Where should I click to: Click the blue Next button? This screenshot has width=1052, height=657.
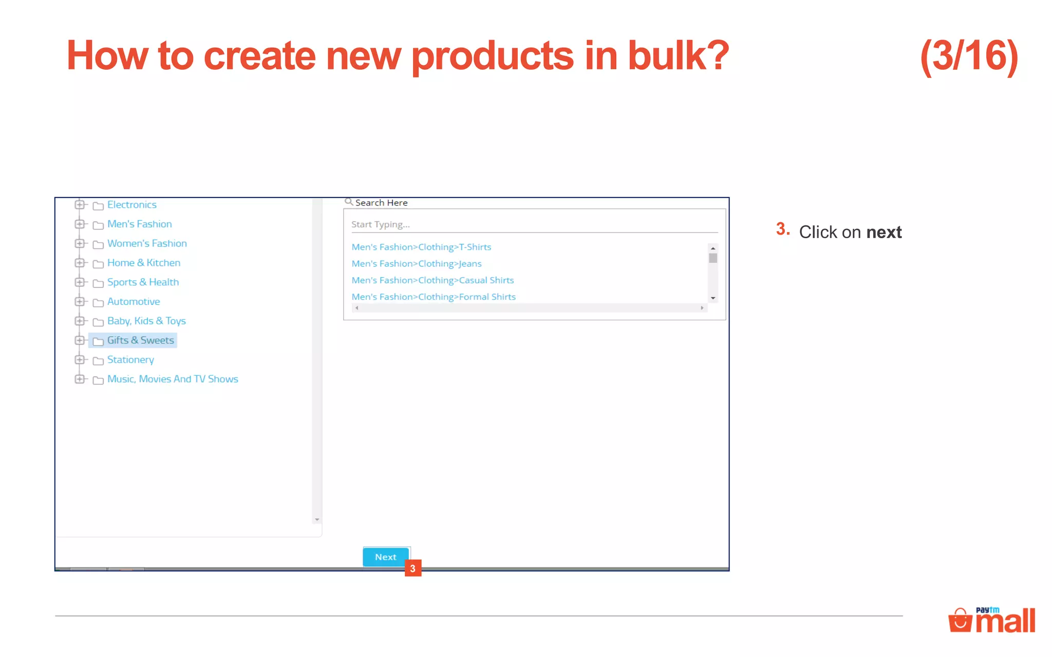coord(386,557)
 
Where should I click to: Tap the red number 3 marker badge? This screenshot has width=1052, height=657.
coord(413,568)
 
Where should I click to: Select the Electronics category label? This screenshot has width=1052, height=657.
coord(131,205)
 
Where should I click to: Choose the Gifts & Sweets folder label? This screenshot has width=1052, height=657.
coord(140,340)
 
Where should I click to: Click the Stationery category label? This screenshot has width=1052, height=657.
coord(130,360)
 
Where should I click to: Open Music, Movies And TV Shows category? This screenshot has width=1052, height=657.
coord(173,379)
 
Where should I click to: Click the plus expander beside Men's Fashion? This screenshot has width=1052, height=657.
coord(80,224)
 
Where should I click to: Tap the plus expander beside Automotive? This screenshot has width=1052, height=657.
coord(80,302)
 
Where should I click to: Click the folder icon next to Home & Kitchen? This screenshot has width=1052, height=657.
coord(98,264)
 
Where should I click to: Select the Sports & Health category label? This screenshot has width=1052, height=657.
coord(143,282)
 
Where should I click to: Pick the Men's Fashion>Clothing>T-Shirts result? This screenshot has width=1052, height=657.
coord(421,247)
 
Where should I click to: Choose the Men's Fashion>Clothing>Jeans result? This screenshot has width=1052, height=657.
coord(417,264)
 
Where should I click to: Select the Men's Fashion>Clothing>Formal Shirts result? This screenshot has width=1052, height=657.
coord(434,297)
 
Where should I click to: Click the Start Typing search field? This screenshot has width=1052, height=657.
coord(534,224)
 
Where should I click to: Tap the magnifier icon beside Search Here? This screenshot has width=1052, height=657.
coord(349,202)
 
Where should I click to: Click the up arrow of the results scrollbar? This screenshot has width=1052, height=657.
coord(713,248)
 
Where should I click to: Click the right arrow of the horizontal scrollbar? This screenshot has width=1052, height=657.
coord(702,308)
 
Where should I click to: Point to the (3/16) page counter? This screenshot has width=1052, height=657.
coord(969,56)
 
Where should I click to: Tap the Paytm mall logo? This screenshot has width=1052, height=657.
coord(991,620)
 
